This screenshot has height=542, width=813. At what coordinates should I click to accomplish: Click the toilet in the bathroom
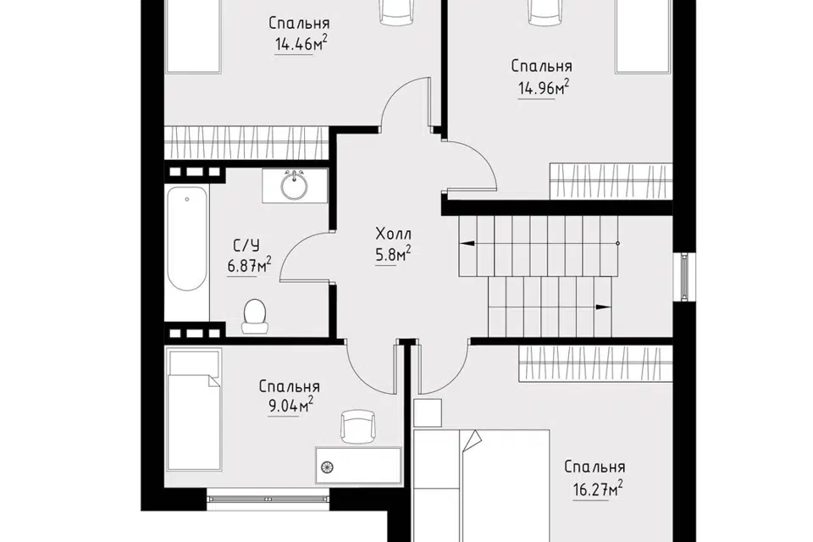256,315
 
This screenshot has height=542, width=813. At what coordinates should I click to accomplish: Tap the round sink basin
295,185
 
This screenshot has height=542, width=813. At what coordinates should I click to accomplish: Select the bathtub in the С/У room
187,239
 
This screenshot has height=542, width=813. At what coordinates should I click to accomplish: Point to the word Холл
394,234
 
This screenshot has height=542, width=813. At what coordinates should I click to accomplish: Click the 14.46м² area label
301,43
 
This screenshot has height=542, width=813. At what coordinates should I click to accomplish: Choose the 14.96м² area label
544,88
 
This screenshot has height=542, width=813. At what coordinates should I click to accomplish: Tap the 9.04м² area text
290,406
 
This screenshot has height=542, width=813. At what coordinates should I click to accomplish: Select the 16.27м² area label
597,489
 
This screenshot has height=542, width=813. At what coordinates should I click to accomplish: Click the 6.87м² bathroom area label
249,266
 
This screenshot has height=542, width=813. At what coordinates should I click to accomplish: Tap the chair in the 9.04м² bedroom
357,426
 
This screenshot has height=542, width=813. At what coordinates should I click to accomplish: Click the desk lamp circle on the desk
327,467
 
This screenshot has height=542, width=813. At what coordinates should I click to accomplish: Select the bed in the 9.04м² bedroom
193,409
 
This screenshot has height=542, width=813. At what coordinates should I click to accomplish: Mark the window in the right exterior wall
685,276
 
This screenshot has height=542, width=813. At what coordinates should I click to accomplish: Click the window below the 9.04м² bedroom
268,499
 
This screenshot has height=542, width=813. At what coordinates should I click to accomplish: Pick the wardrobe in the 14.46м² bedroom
246,142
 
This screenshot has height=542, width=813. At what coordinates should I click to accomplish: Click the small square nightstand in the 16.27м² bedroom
428,413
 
